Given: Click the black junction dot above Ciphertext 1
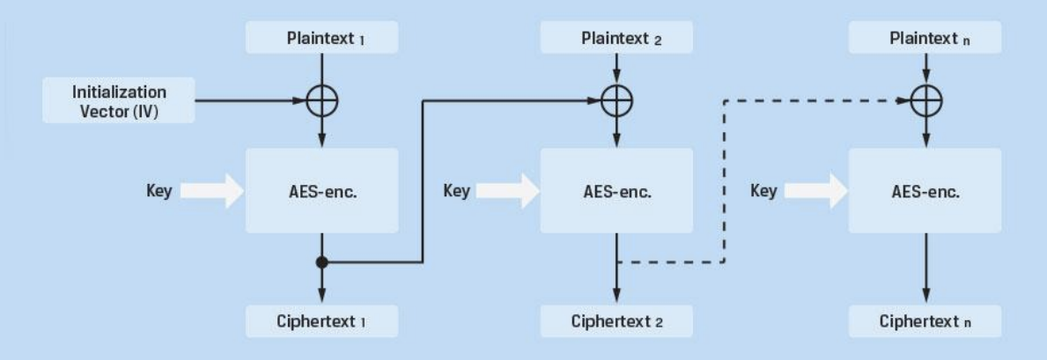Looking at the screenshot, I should [x=322, y=261].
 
